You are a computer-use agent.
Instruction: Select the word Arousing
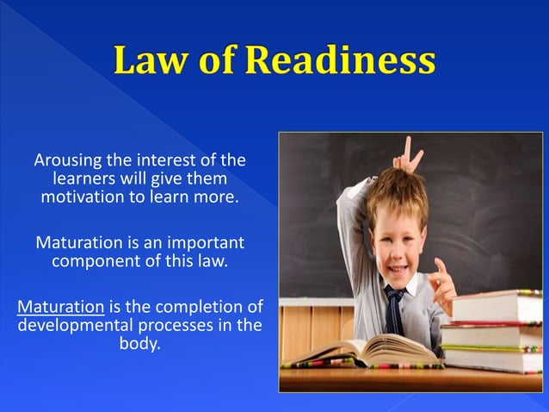point(67,160)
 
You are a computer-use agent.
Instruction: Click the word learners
point(86,179)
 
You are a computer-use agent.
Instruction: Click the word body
point(139,344)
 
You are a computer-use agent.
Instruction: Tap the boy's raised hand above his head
point(408,158)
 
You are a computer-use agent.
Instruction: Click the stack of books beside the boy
point(492,332)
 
